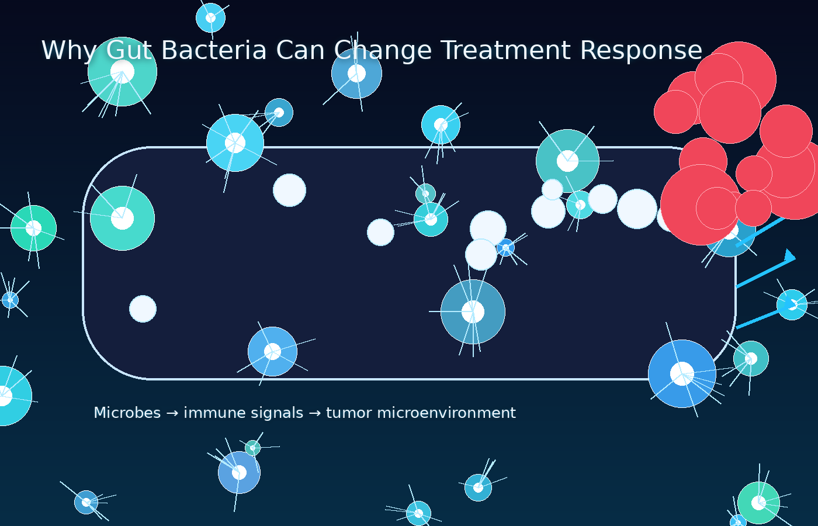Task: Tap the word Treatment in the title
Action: (505, 50)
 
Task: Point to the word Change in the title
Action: (383, 50)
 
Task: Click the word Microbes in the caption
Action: (127, 413)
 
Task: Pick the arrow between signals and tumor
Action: (314, 413)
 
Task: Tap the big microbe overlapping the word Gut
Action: (122, 72)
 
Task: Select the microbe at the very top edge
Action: (210, 18)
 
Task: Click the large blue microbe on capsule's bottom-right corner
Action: (682, 373)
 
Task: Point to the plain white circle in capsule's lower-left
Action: (143, 309)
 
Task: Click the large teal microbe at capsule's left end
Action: (122, 218)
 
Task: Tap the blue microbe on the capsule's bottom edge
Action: (272, 351)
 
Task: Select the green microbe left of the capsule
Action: (33, 228)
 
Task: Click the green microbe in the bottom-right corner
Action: (758, 503)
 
